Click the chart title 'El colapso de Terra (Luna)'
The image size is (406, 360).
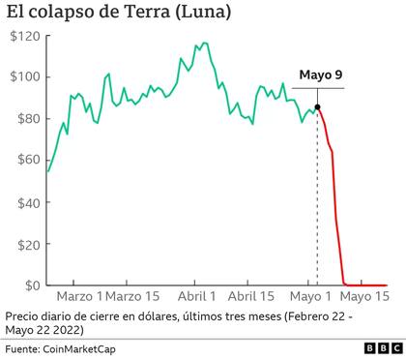(118, 14)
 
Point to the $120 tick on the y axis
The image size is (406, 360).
(24, 36)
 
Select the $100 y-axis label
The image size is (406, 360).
(24, 77)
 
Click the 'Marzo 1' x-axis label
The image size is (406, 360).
(78, 296)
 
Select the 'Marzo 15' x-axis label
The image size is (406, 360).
(133, 296)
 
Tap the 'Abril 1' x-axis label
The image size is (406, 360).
(197, 296)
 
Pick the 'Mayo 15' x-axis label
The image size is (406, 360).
(367, 296)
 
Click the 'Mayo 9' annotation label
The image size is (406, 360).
(320, 75)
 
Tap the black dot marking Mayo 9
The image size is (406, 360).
(318, 107)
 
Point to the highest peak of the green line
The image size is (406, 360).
(203, 43)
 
